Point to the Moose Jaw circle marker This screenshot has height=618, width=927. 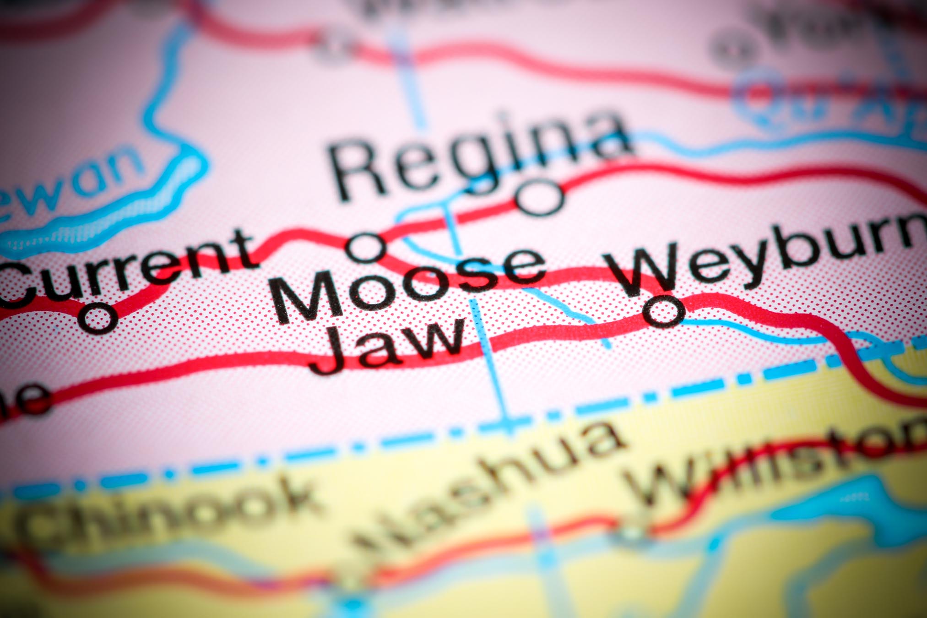click(366, 247)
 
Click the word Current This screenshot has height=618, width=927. click(128, 270)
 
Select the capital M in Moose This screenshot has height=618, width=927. click(307, 298)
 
